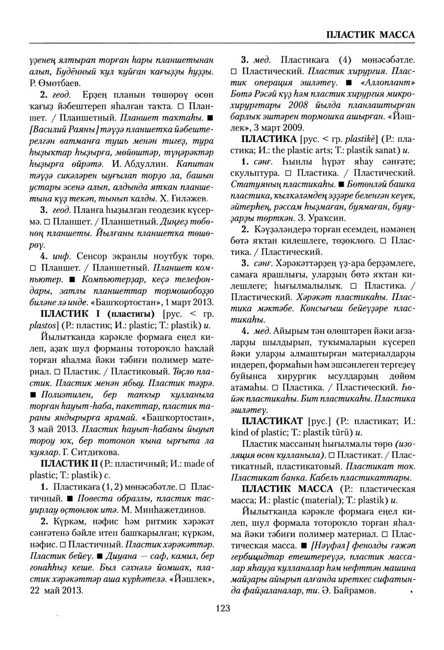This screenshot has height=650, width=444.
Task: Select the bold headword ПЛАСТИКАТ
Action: point(272,420)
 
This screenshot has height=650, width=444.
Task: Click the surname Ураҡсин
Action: point(318,218)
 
